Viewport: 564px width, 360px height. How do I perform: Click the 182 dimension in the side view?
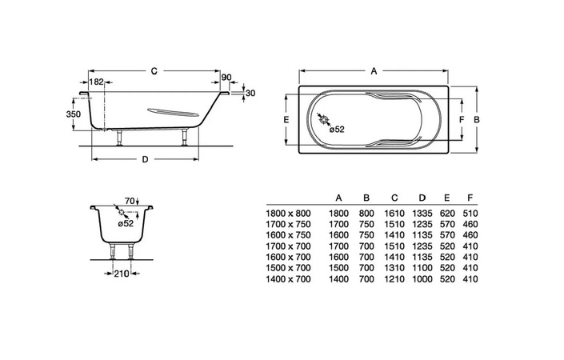pos(96,82)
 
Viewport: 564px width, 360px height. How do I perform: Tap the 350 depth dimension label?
pos(74,114)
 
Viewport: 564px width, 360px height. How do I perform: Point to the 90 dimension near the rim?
pos(226,78)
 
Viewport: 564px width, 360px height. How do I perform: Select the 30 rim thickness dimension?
pos(250,93)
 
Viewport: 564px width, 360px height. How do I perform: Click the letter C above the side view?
pos(154,71)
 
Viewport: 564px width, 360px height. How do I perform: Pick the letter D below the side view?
pos(145,159)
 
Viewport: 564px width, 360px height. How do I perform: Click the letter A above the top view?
pos(374,71)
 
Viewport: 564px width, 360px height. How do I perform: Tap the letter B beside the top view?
pos(477,119)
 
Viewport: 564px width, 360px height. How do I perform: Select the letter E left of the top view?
pos(286,119)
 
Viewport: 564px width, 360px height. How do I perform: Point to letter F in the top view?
pos(462,119)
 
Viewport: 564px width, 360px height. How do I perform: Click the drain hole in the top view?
pos(324,120)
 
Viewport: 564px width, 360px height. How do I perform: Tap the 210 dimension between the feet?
pos(122,274)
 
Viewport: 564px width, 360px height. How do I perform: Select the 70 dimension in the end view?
pos(130,201)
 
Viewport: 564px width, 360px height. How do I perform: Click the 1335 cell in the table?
pos(422,214)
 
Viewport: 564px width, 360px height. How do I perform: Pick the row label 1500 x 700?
pos(288,268)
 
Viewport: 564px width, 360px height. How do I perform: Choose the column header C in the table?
pos(394,198)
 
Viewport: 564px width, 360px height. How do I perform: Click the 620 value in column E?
pos(447,214)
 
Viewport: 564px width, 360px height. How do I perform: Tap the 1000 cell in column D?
pos(422,279)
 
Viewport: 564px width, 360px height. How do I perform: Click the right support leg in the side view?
pos(185,137)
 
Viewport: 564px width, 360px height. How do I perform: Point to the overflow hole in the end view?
pos(122,213)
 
